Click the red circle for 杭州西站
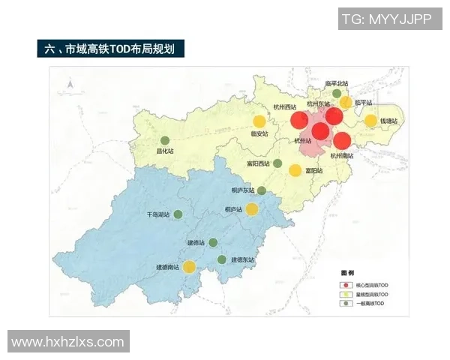[x=299, y=120]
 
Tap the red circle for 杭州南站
[x=342, y=140]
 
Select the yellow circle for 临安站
[x=259, y=121]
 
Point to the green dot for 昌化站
[x=166, y=140]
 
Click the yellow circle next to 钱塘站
[x=370, y=121]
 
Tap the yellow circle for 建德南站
[x=190, y=266]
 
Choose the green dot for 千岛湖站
[x=178, y=214]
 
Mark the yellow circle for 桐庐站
[x=252, y=209]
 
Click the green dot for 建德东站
[x=222, y=259]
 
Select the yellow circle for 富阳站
[x=295, y=170]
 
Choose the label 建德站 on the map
[x=196, y=242]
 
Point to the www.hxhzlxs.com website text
[x=68, y=342]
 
